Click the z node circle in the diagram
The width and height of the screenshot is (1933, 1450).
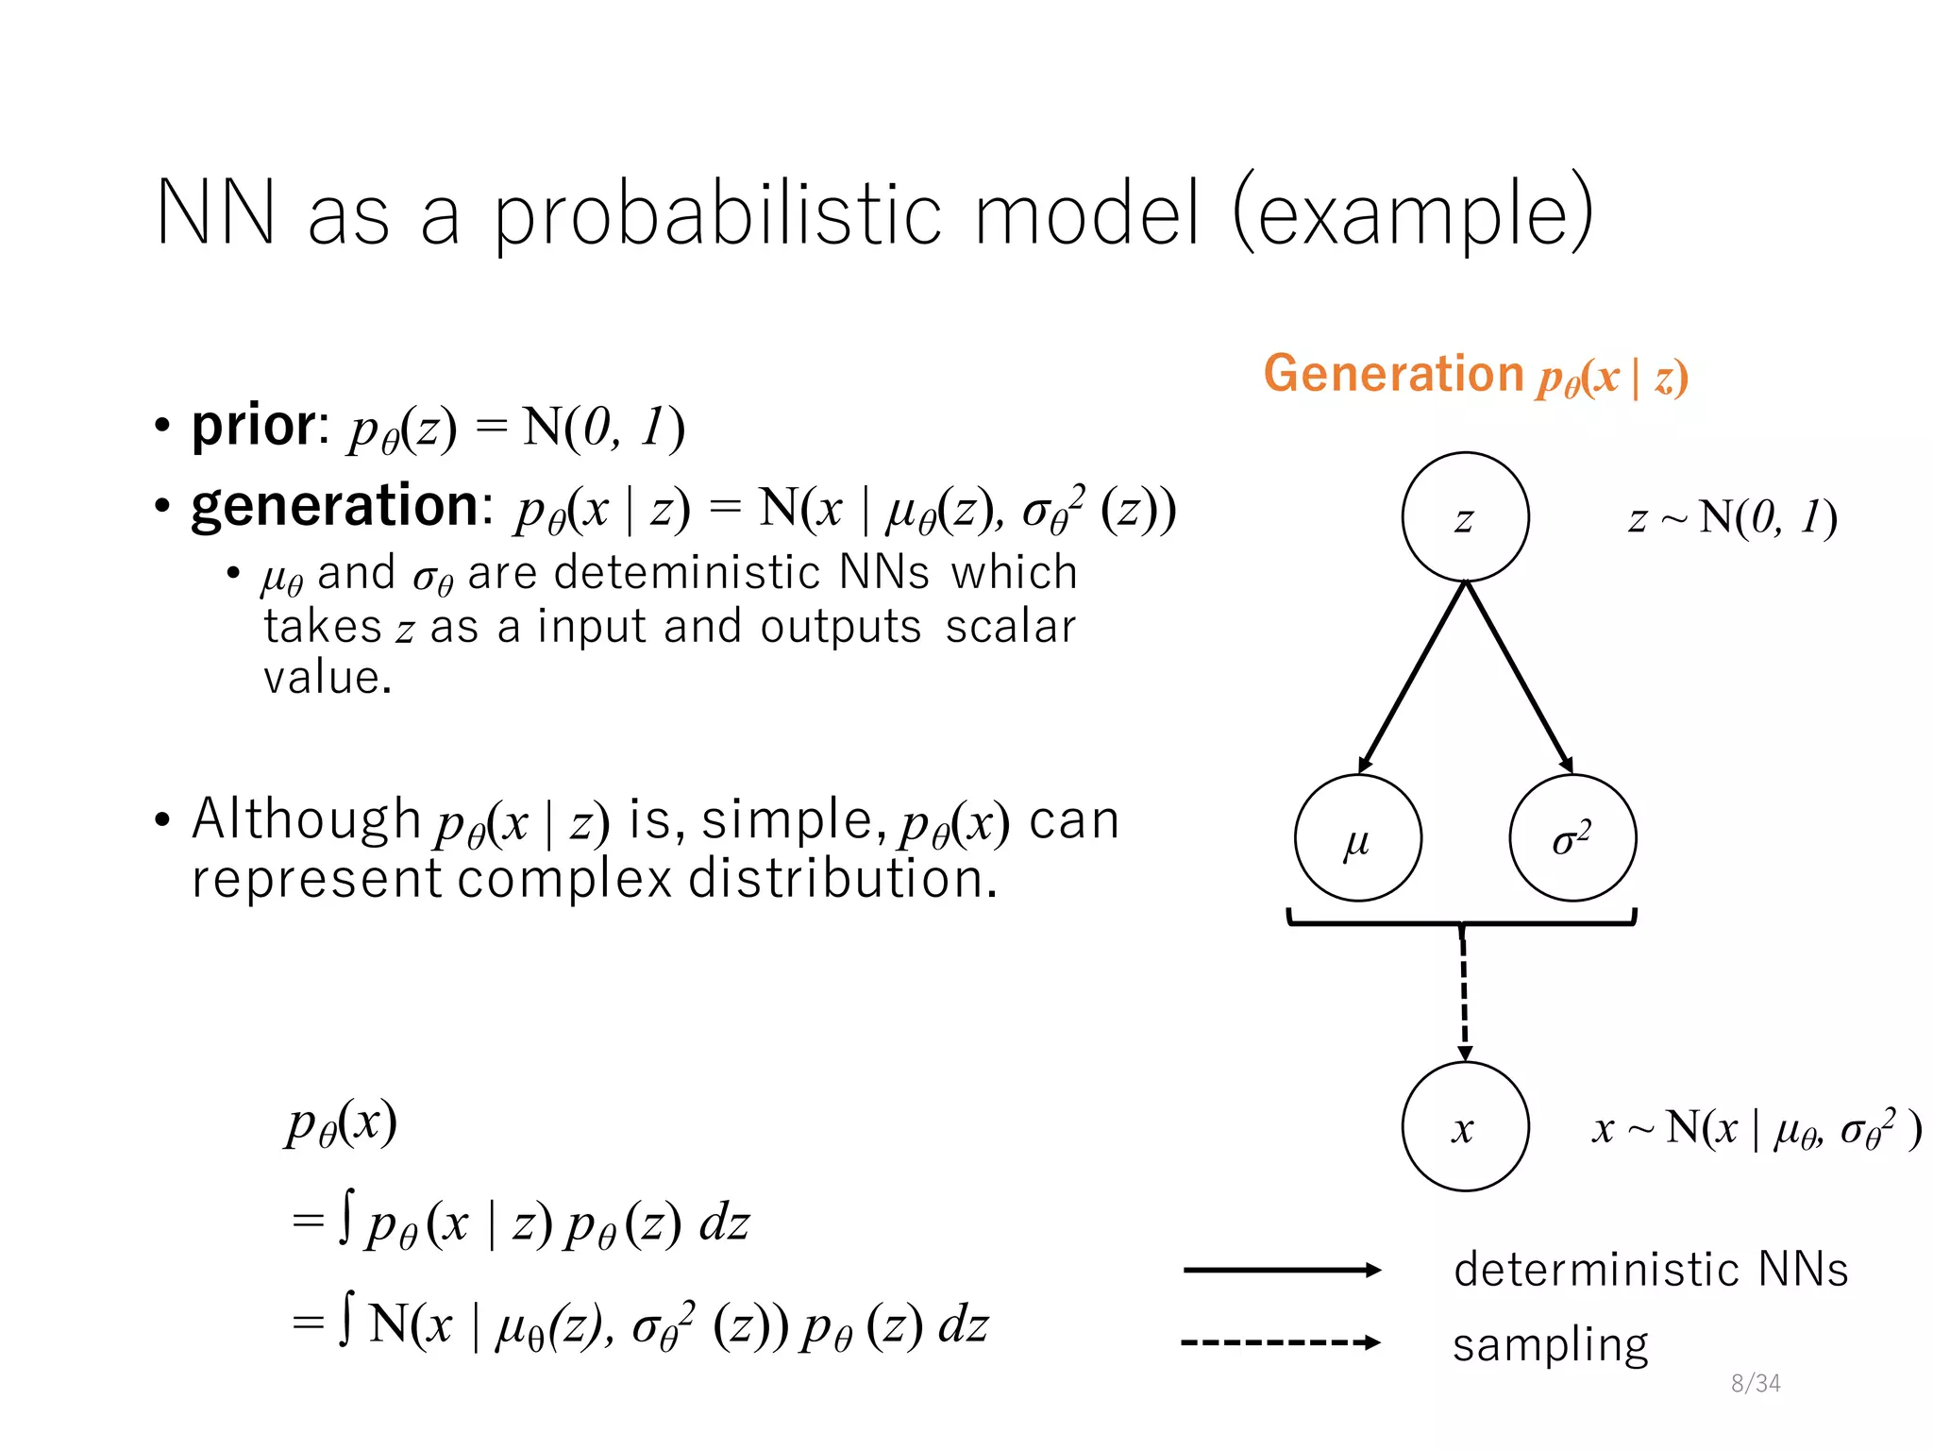[1465, 517]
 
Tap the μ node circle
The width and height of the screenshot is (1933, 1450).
[1357, 838]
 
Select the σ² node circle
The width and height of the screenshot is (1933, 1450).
[1572, 838]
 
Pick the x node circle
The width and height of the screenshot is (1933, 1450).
[1465, 1126]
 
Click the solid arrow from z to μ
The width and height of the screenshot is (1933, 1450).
[1413, 676]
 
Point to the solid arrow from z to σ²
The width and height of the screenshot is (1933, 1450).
[1519, 676]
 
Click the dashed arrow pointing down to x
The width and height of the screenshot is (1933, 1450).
[1464, 996]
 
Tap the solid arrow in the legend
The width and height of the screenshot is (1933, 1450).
[1281, 1270]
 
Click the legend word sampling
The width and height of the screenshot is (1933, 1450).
[1550, 1344]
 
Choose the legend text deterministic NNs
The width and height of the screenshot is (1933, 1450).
[1650, 1270]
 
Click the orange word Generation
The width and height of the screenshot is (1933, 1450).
[1393, 374]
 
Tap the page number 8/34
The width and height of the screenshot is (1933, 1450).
[1756, 1383]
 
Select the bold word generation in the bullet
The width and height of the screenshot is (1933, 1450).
[336, 506]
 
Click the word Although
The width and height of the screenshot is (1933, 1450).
[306, 818]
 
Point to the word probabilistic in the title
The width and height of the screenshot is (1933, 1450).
[717, 213]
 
